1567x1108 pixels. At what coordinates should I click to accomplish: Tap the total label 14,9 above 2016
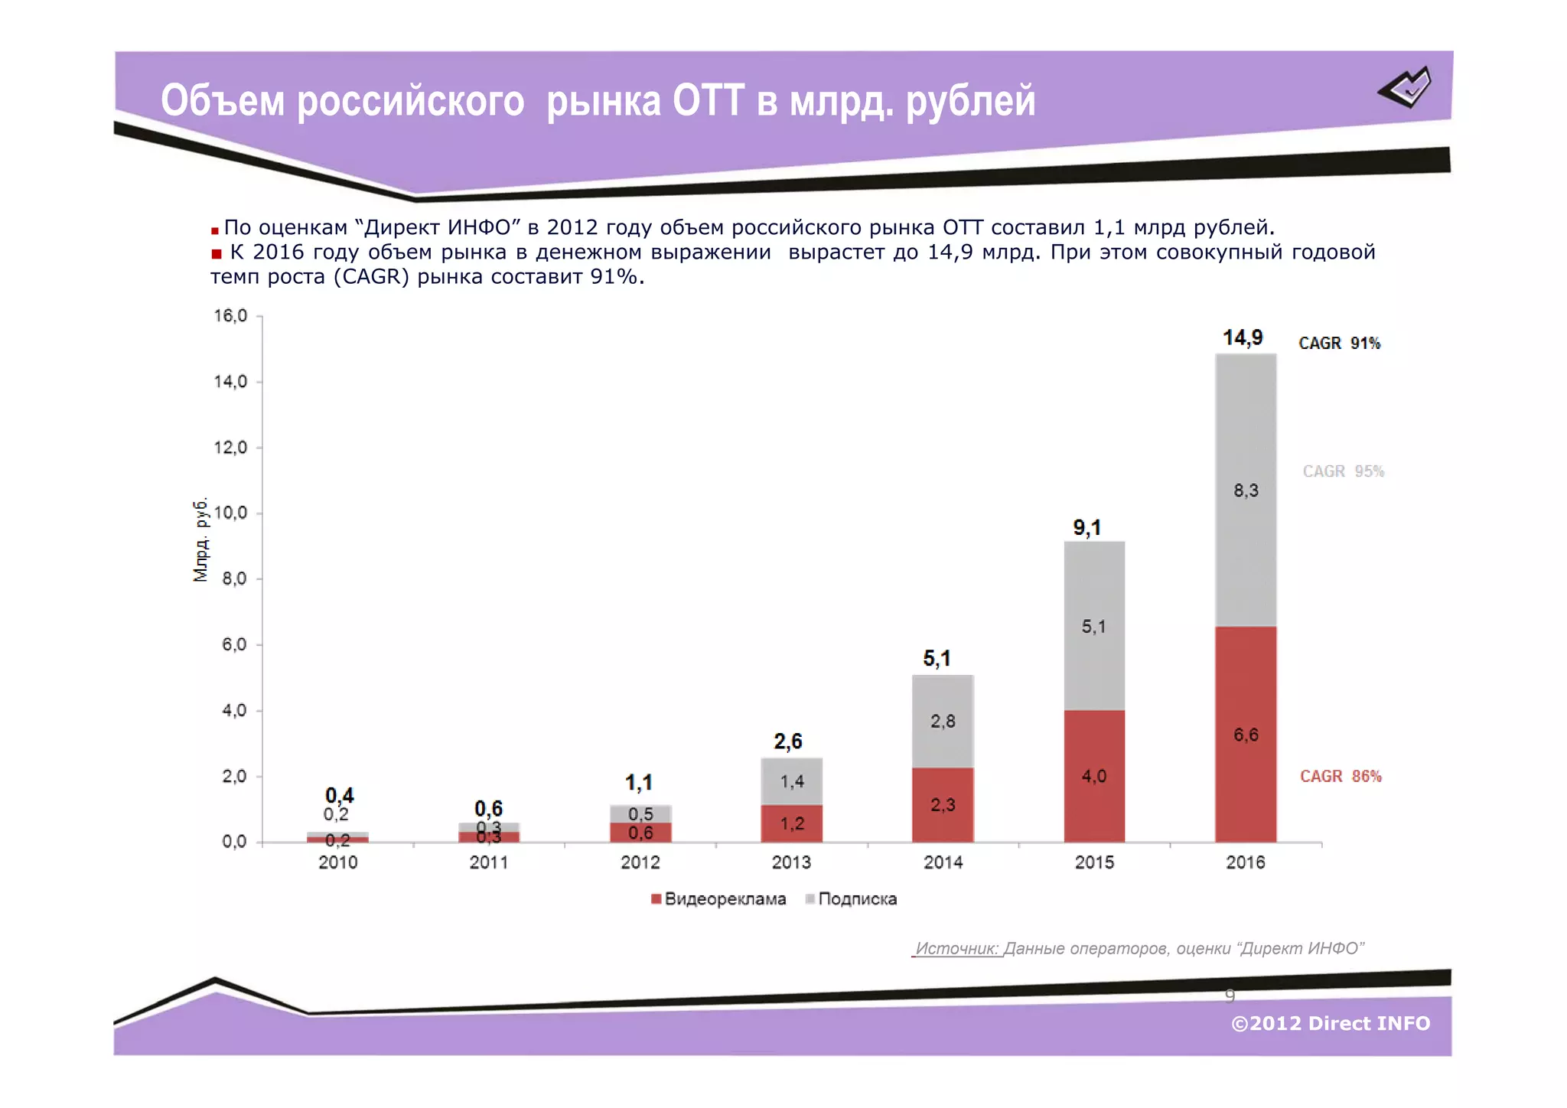(1243, 337)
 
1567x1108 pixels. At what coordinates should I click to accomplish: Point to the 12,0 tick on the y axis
(230, 448)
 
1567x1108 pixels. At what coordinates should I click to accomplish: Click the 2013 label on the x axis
(791, 862)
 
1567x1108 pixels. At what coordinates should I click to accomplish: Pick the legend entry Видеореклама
(718, 899)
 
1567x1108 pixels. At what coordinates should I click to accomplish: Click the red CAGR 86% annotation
(1341, 776)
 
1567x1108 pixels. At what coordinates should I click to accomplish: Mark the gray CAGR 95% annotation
(1344, 471)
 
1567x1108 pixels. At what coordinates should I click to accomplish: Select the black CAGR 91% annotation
(1339, 343)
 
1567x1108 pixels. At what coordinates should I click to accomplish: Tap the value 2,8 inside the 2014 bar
(943, 721)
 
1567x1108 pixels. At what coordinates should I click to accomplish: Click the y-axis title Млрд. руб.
(200, 539)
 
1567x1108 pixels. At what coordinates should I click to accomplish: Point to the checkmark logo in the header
(1406, 88)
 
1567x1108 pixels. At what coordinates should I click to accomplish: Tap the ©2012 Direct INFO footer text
(1330, 1023)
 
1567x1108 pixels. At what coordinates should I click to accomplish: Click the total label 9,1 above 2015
(1086, 527)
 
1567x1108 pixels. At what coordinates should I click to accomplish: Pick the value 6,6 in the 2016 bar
(1246, 735)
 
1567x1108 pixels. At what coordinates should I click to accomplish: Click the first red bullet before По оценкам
(215, 230)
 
